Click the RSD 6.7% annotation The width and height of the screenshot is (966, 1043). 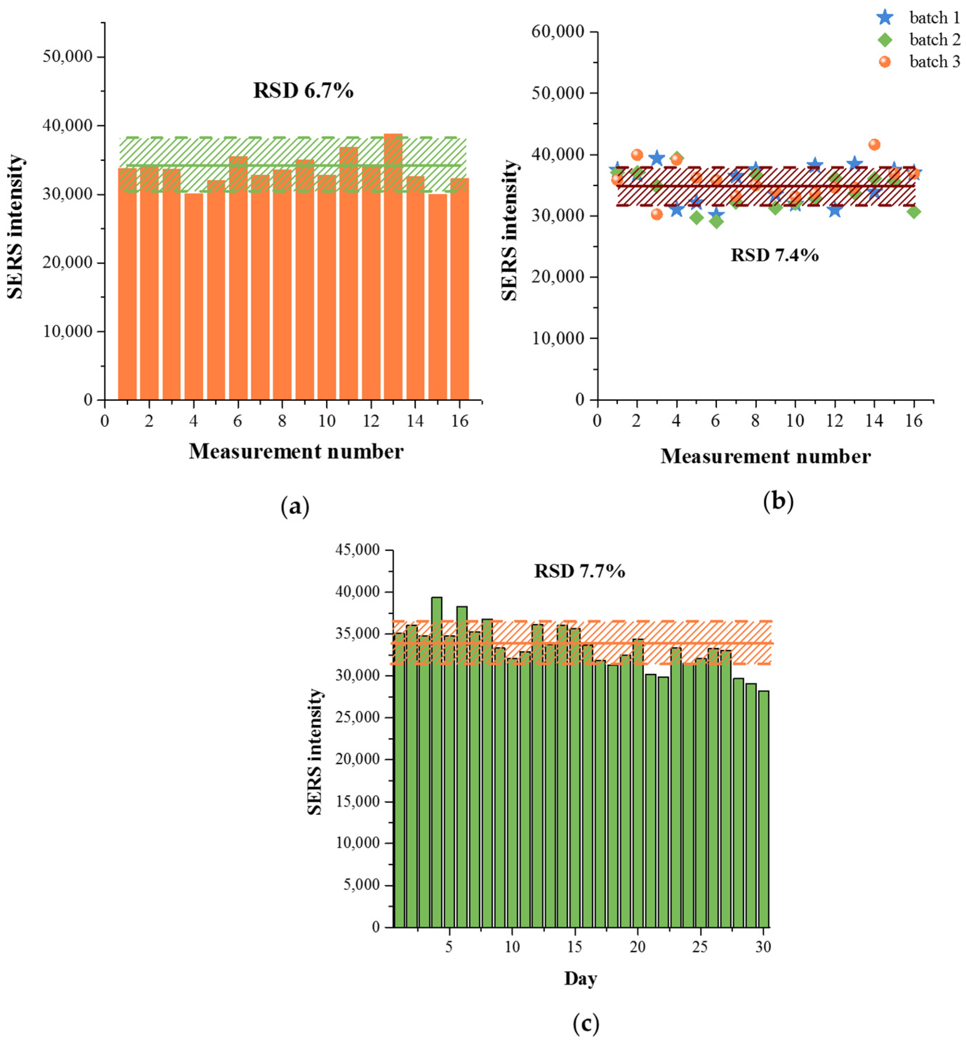pos(303,91)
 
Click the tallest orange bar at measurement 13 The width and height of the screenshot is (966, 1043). pos(393,267)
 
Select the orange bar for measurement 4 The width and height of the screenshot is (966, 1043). pos(193,297)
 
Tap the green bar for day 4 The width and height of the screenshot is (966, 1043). pos(436,762)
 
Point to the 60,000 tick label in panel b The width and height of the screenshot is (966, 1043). pos(558,32)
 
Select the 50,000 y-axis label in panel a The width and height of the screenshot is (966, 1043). pos(68,56)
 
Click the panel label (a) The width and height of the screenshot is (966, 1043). pos(295,507)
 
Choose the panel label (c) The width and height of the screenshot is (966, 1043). pos(585,1024)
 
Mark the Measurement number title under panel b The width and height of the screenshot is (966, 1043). pos(765,456)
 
